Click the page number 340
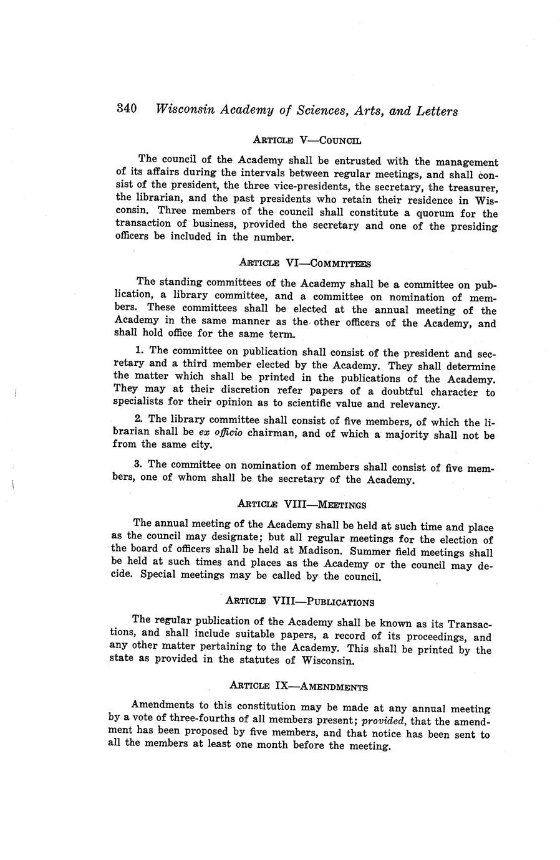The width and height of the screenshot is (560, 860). tap(127, 109)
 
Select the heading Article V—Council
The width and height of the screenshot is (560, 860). tap(307, 140)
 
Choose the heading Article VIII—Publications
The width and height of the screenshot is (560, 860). tap(299, 601)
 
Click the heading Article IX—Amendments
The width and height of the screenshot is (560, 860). tap(299, 687)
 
